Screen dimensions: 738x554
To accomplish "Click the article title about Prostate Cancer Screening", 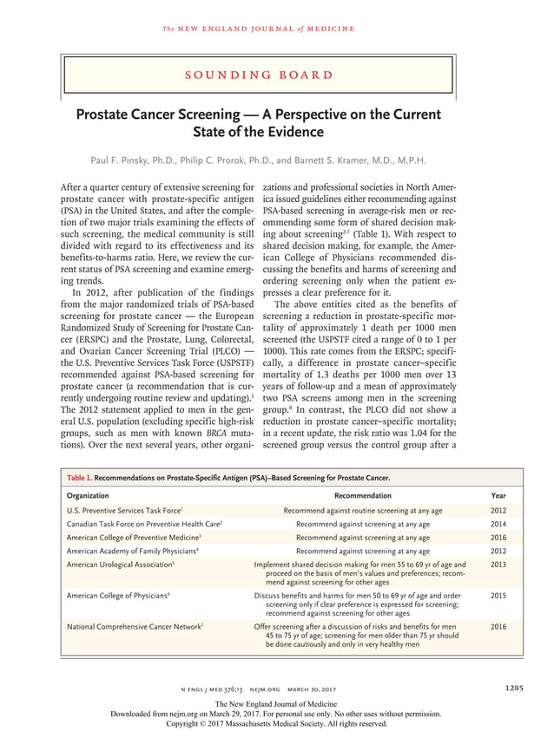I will (x=258, y=123).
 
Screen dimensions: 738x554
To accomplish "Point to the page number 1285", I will (x=512, y=689).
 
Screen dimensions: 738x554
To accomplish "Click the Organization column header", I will (x=89, y=495).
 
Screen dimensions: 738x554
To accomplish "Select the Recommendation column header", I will (x=363, y=495).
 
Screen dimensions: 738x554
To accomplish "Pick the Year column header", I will (x=498, y=495).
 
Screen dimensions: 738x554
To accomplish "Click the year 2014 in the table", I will (x=498, y=525).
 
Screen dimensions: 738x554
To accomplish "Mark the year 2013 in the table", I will (x=498, y=564).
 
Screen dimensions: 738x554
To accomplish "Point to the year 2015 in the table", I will (x=498, y=596).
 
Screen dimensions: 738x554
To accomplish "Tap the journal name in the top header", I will (x=258, y=29).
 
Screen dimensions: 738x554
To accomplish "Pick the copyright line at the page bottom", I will (x=276, y=722).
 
